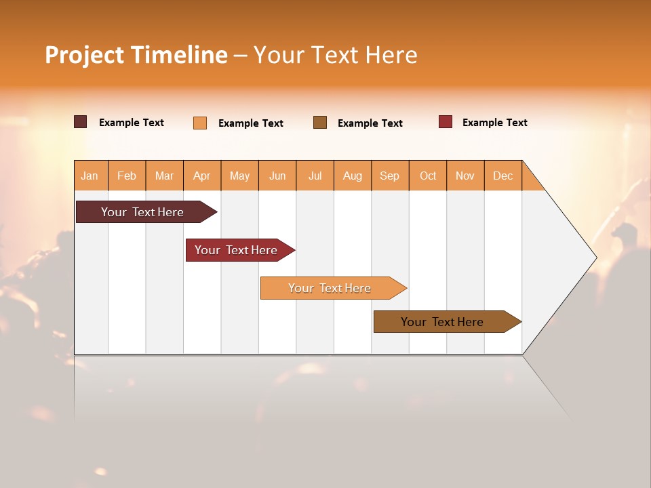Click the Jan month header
click(90, 176)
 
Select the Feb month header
click(127, 176)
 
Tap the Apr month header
click(202, 176)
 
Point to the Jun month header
click(277, 176)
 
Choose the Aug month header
click(353, 176)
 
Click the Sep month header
click(390, 176)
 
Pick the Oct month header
click(428, 176)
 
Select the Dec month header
click(503, 176)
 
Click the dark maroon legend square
click(81, 122)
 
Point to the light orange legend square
click(200, 123)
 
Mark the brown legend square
click(320, 123)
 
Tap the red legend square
click(446, 122)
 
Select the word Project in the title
click(85, 55)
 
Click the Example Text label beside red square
click(494, 123)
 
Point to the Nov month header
click(465, 176)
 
